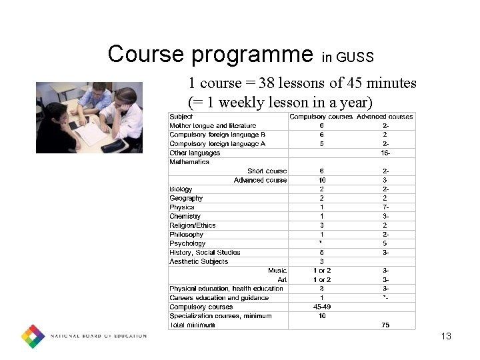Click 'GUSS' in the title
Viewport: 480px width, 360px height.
357,57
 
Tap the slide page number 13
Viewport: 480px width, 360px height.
446,336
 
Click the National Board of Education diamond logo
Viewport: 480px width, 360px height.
33,336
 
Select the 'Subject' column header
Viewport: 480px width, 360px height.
181,117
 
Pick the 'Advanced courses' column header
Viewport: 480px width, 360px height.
385,117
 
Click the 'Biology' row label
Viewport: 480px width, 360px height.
181,189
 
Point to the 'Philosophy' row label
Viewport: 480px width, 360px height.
187,235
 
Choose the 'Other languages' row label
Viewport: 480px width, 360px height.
195,153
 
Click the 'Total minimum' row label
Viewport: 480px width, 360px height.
192,325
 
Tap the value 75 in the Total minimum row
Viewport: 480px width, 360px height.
385,325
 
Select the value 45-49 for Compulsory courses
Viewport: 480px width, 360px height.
322,307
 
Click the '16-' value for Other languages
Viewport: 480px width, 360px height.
385,153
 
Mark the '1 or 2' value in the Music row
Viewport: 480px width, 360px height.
322,271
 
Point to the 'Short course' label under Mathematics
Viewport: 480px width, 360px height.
267,171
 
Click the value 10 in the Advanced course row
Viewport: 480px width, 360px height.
322,180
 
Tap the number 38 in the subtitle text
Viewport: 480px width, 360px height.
267,83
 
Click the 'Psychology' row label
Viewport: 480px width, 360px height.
187,244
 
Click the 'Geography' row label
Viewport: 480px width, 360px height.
186,198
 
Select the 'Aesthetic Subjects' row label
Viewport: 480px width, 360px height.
199,262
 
